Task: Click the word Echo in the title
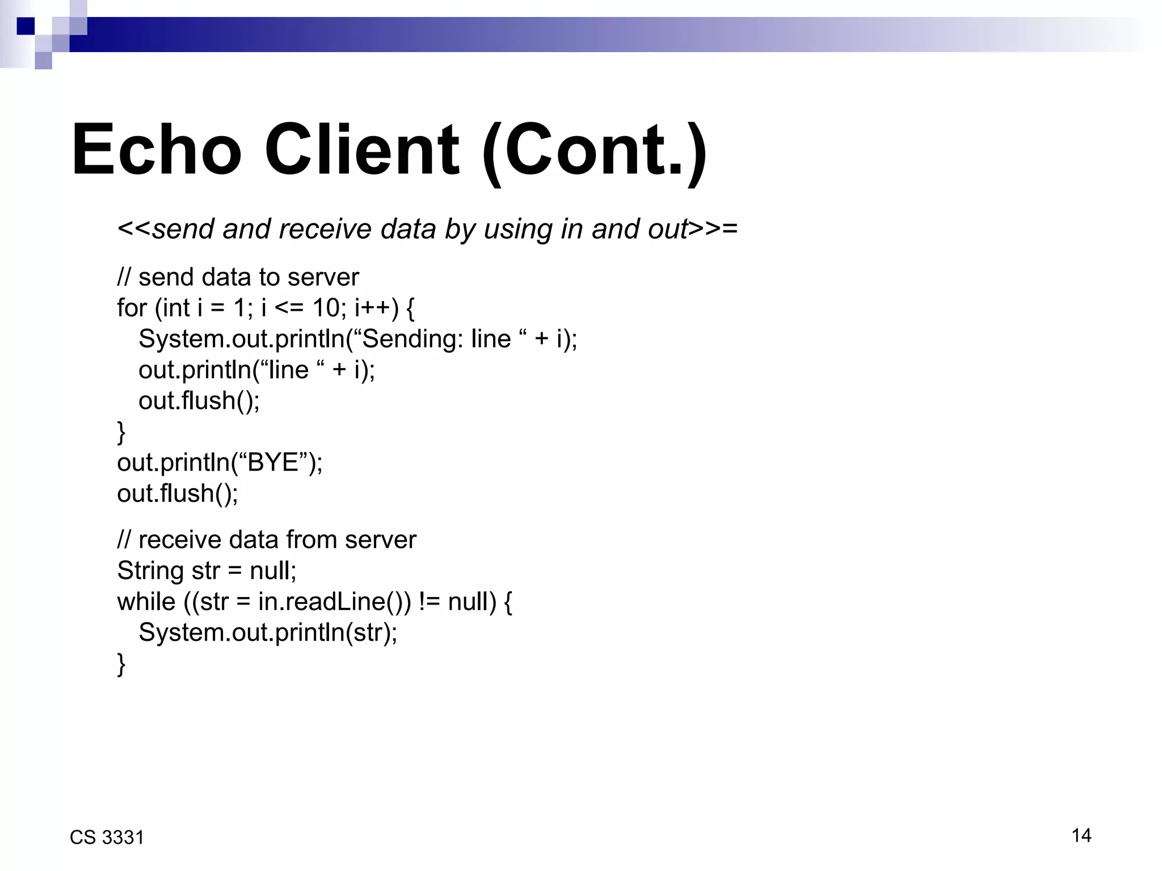(157, 150)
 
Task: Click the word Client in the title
(361, 150)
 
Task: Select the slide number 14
(1081, 835)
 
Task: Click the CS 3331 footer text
(107, 838)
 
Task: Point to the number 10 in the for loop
(326, 308)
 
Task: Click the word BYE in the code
(273, 463)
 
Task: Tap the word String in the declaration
(150, 571)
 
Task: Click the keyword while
(146, 602)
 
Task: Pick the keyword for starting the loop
(132, 308)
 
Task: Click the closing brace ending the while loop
(121, 663)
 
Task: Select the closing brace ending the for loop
(121, 432)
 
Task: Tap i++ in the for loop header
(372, 308)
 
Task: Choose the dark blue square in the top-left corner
(26, 26)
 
